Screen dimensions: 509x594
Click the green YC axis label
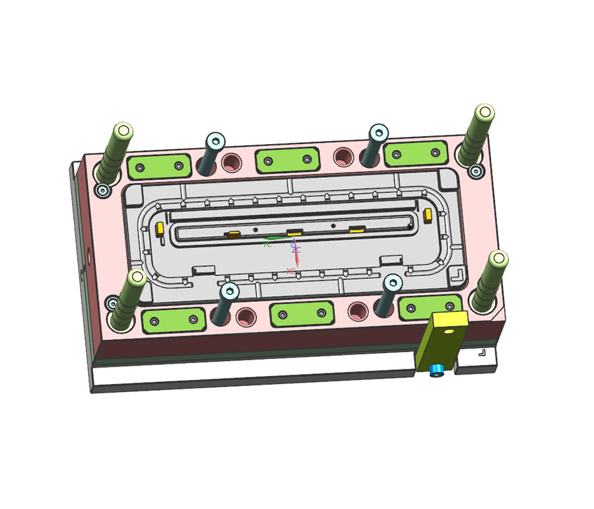coord(267,245)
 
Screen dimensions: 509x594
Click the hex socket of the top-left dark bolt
coord(215,141)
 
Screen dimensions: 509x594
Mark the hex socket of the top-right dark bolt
coord(378,133)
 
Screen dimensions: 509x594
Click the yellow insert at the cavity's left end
coord(159,229)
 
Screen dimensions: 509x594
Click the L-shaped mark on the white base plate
coord(482,353)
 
